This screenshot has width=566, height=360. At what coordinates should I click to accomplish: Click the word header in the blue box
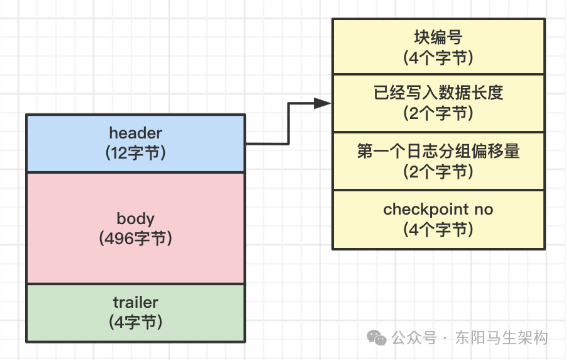point(136,133)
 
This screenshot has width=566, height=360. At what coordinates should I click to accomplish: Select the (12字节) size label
point(136,153)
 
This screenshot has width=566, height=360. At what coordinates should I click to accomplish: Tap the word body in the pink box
point(136,218)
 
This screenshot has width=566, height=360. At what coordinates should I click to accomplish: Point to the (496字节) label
point(136,239)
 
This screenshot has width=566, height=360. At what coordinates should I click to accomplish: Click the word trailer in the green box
point(136,302)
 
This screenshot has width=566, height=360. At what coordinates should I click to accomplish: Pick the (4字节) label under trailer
point(136,322)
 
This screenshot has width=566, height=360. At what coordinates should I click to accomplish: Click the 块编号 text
point(438,37)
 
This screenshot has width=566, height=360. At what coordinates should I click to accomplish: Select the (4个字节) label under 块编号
point(438,57)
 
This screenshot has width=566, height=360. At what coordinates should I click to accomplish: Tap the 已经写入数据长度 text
point(438,93)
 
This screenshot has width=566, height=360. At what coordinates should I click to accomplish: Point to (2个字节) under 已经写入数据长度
point(438,113)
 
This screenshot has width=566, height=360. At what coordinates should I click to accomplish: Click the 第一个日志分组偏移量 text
point(438,151)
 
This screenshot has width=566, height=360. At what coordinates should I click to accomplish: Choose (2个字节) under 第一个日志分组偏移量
point(438,172)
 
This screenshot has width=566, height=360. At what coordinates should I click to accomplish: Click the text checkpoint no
point(438,209)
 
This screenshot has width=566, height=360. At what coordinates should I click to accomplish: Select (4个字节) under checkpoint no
point(438,229)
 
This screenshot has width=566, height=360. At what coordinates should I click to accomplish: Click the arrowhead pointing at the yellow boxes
point(323,103)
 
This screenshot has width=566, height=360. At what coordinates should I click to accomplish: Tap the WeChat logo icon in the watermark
point(377,337)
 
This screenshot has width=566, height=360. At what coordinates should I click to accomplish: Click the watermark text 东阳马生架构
point(501,338)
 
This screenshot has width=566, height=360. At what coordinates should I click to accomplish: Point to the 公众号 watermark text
point(414,338)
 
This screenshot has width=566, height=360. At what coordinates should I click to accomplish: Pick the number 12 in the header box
point(119,153)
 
